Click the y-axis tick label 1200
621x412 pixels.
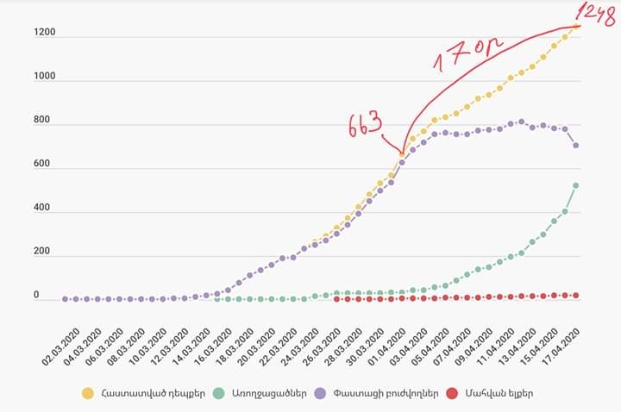pos(45,33)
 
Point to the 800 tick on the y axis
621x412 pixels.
pos(42,121)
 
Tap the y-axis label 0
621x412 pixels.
pos(36,296)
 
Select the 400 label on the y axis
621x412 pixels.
pos(42,208)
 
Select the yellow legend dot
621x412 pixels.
pos(88,394)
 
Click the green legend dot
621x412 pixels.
pos(221,394)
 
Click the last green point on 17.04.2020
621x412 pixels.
pos(575,185)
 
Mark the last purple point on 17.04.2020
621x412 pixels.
pos(575,145)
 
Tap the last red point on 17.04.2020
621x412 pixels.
pos(575,295)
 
